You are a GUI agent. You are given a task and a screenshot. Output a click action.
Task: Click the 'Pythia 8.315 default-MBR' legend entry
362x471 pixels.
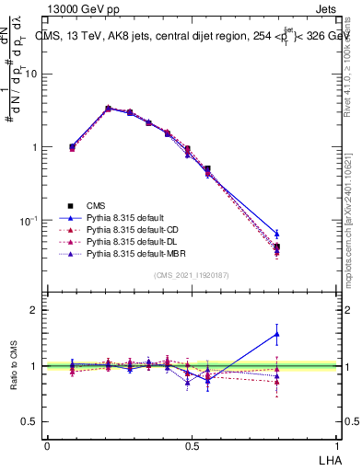pyautogui.click(x=134, y=252)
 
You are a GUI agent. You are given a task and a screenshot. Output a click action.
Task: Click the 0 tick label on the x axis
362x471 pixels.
pyautogui.click(x=47, y=445)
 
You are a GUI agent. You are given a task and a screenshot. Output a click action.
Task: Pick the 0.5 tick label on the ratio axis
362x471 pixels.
pyautogui.click(x=30, y=422)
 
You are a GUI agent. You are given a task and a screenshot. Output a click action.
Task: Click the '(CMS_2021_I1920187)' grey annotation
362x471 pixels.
pyautogui.click(x=191, y=276)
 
